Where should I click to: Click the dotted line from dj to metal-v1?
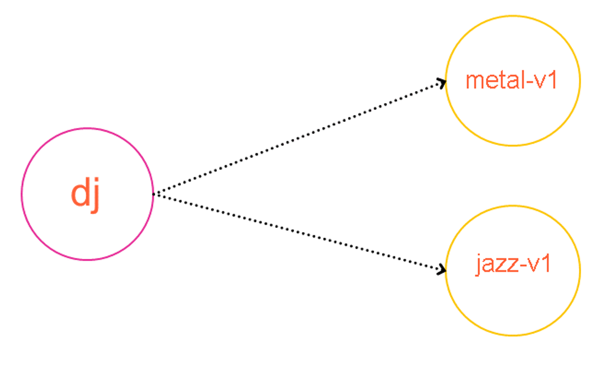(300, 138)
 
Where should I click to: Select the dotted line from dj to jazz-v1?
(300, 231)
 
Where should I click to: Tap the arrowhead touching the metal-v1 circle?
(442, 83)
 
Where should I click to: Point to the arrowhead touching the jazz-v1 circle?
(442, 269)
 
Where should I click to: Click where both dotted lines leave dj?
(154, 194)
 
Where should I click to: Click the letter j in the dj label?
(95, 195)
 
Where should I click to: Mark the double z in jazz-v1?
(508, 265)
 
